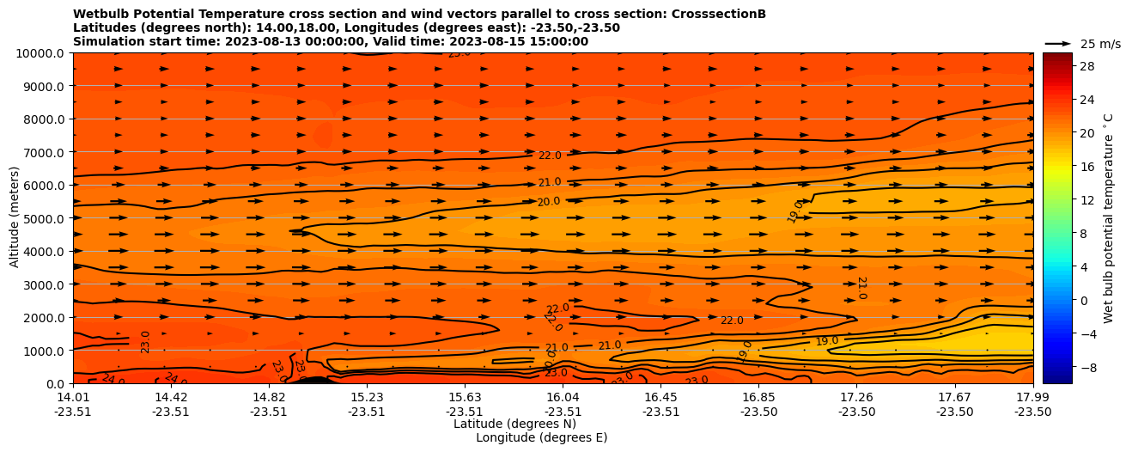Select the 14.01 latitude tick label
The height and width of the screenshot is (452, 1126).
[x=73, y=397]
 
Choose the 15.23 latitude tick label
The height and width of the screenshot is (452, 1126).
[x=367, y=397]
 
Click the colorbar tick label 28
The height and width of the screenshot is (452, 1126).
[x=1062, y=66]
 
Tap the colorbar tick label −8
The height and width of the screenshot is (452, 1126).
[x=1062, y=367]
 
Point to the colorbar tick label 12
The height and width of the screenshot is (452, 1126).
[x=1062, y=200]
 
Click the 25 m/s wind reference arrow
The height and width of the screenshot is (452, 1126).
[x=1058, y=43]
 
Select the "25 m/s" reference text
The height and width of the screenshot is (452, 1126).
[x=1100, y=44]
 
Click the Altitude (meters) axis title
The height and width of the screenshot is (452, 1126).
[x=15, y=218]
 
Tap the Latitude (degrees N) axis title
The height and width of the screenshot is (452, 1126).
[x=514, y=424]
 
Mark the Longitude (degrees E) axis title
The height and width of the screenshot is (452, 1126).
[x=541, y=437]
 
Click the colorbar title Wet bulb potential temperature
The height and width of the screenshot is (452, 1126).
[x=1109, y=228]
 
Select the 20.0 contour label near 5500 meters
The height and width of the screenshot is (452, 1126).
[x=549, y=202]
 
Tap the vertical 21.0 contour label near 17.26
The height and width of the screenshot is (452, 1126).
[x=861, y=288]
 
